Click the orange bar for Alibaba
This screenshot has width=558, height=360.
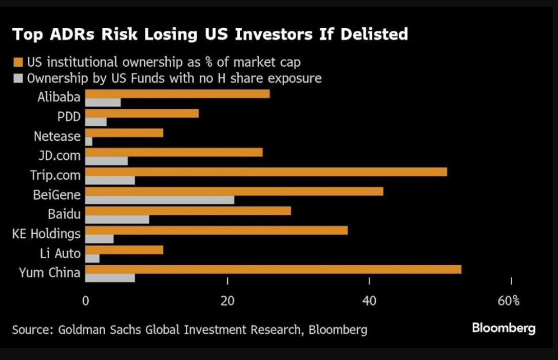click(177, 94)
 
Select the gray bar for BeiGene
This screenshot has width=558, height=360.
click(160, 200)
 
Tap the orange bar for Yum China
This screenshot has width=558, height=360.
click(273, 269)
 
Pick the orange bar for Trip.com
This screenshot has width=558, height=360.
click(266, 172)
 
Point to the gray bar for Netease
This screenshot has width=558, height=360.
click(89, 141)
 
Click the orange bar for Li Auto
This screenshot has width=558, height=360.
click(124, 250)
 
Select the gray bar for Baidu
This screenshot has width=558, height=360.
click(117, 219)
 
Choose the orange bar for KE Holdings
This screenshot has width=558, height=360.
click(216, 230)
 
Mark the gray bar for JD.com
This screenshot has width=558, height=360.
click(106, 161)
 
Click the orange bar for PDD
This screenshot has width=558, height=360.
click(142, 113)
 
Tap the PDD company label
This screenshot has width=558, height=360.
click(69, 117)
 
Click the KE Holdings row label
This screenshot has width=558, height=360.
click(46, 234)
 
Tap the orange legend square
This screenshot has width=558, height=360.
click(17, 63)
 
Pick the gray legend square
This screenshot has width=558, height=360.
click(17, 79)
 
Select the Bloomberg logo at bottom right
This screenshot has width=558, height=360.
click(504, 328)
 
